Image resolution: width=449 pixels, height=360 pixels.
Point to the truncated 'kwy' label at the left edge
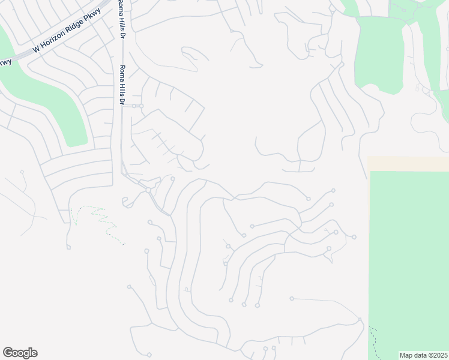tap(5, 61)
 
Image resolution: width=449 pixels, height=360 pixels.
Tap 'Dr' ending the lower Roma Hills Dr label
tap(122, 101)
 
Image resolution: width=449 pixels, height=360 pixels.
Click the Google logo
tap(20, 353)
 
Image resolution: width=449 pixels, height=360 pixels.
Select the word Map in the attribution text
tap(406, 355)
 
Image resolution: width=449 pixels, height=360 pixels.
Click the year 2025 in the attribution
tap(438, 355)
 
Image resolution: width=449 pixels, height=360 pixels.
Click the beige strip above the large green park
tap(408, 164)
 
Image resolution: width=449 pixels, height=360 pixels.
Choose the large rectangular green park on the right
tap(408, 258)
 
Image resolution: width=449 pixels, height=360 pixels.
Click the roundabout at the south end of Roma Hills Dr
tap(148, 190)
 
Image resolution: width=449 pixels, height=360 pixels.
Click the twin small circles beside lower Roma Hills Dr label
tap(138, 106)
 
